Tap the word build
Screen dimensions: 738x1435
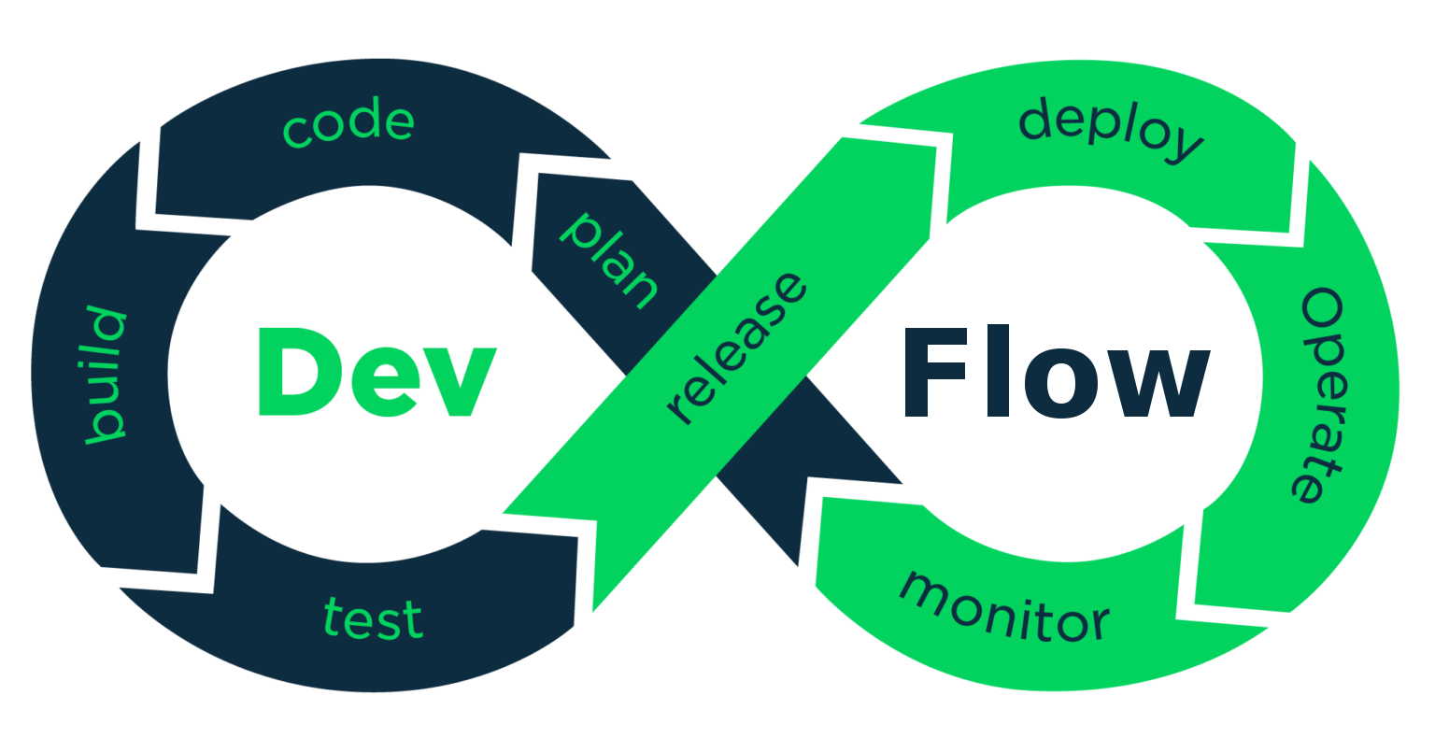(106, 375)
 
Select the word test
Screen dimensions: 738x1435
(374, 618)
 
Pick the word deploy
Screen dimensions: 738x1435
(1109, 132)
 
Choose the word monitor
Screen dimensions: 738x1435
(1004, 607)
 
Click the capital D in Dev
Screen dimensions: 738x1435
(294, 372)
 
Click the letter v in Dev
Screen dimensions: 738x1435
(458, 383)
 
